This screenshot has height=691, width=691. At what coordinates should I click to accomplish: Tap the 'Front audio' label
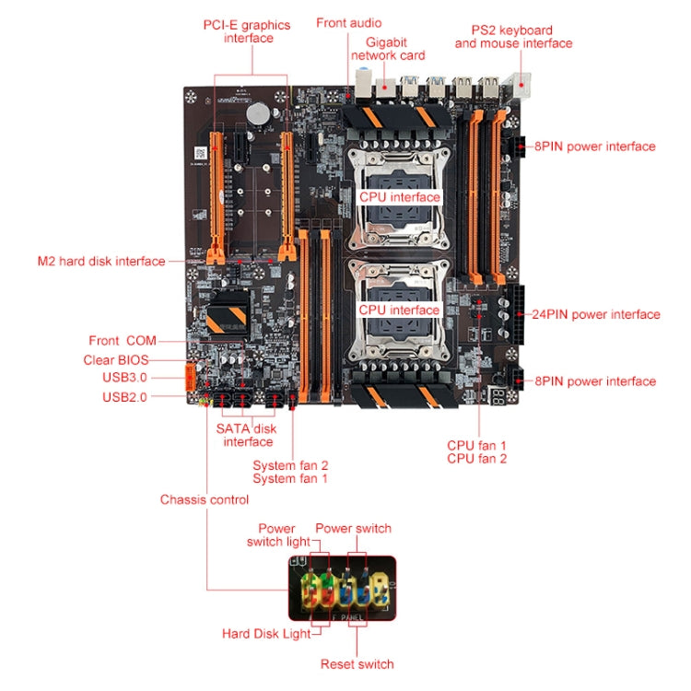(x=348, y=22)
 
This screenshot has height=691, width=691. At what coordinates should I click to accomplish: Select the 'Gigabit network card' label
(x=388, y=49)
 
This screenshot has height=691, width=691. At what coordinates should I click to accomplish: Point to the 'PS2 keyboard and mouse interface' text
(x=513, y=37)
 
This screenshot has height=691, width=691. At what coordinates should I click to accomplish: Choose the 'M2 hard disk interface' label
(x=101, y=261)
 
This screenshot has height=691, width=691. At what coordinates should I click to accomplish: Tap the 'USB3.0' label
(x=124, y=378)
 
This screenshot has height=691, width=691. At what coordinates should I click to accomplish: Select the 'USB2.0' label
(x=124, y=397)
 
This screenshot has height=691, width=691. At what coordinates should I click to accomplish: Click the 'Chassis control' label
(x=204, y=499)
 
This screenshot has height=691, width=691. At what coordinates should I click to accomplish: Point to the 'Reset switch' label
(x=357, y=663)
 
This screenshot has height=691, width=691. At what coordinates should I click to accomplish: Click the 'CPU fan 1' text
(x=476, y=445)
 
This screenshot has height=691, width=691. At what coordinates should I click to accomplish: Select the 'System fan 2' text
(x=290, y=465)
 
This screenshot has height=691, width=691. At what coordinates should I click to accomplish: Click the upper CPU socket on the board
(x=398, y=189)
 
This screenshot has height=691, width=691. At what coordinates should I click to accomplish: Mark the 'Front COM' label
(x=123, y=340)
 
